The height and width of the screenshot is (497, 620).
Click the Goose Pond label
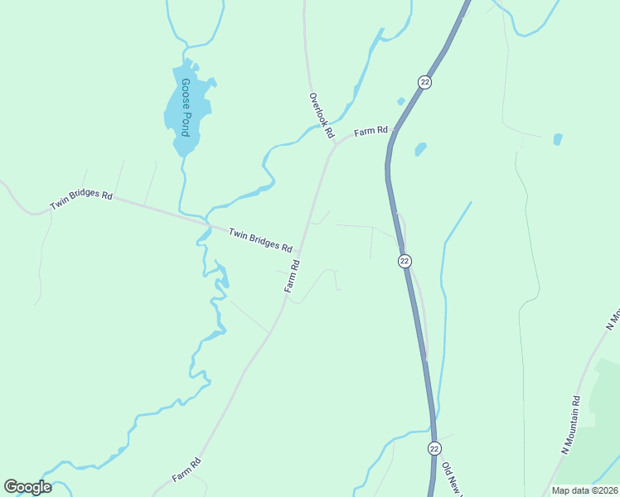point(186,107)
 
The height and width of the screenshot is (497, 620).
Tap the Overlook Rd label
point(321,114)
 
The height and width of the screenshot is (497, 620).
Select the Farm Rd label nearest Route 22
point(371,131)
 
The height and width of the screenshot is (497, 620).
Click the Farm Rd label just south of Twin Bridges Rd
point(292,275)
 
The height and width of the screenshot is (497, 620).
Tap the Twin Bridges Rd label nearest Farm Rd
point(260,240)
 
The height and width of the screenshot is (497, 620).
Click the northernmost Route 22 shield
point(424,81)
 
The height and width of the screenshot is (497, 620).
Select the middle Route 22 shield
point(404,260)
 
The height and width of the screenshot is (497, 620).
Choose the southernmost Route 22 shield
point(434,447)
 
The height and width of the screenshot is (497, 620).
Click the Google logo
point(27,487)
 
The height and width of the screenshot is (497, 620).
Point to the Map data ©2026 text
point(584,490)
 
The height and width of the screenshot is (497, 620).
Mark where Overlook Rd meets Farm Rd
point(334,142)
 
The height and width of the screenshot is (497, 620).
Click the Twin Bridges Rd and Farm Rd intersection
point(299,251)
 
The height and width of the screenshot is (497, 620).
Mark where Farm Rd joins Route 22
point(393,131)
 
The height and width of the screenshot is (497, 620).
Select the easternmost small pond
point(558,139)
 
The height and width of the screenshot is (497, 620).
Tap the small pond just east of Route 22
point(420,149)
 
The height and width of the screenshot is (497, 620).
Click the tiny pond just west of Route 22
point(401,101)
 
